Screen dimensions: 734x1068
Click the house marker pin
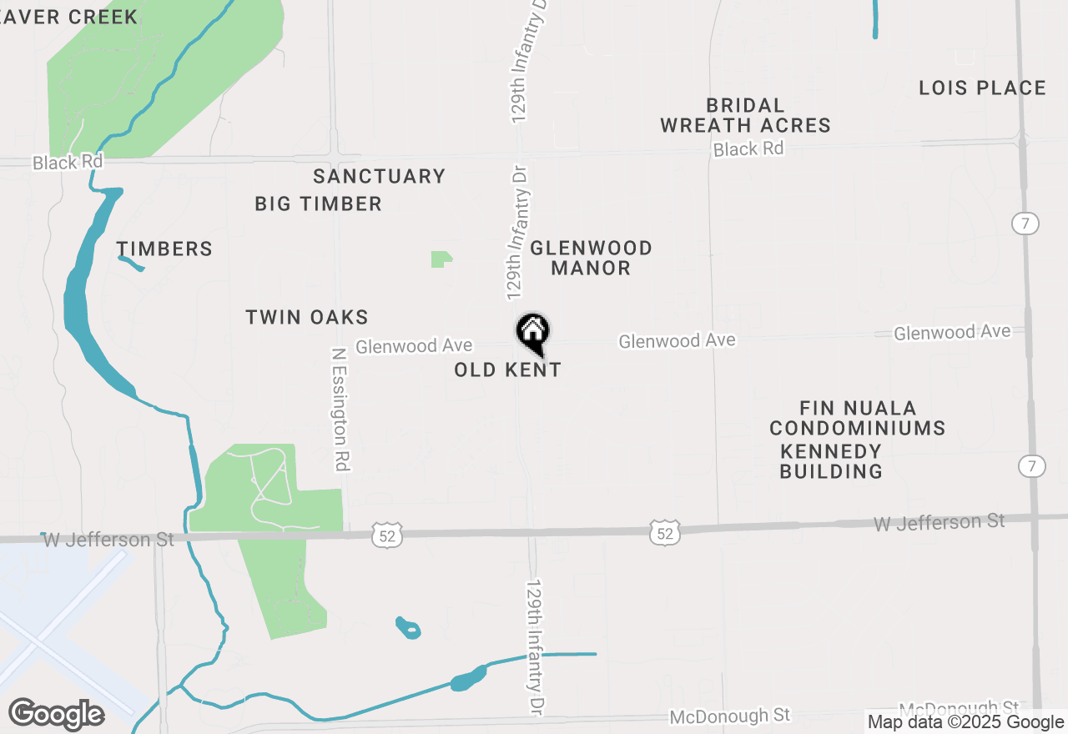532,333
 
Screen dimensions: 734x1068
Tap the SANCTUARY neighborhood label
379,176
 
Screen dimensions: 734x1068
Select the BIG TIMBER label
318,204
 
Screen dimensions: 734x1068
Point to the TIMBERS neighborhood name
164,249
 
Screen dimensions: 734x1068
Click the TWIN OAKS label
307,317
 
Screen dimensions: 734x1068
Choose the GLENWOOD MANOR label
591,258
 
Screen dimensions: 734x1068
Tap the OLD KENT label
507,370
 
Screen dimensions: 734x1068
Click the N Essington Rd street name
340,410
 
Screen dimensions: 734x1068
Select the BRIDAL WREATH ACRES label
745,115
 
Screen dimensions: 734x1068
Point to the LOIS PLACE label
982,88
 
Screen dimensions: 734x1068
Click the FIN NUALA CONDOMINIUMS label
857,418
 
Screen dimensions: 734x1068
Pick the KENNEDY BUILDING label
831,461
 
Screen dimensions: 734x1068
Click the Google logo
56,714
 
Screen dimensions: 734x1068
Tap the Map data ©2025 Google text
965,722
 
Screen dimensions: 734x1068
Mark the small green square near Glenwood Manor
441,259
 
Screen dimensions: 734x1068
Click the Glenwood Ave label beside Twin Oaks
414,345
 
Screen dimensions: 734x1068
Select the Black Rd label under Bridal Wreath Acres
748,149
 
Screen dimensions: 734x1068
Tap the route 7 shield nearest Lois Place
1025,224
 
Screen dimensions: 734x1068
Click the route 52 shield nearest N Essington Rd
389,535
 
